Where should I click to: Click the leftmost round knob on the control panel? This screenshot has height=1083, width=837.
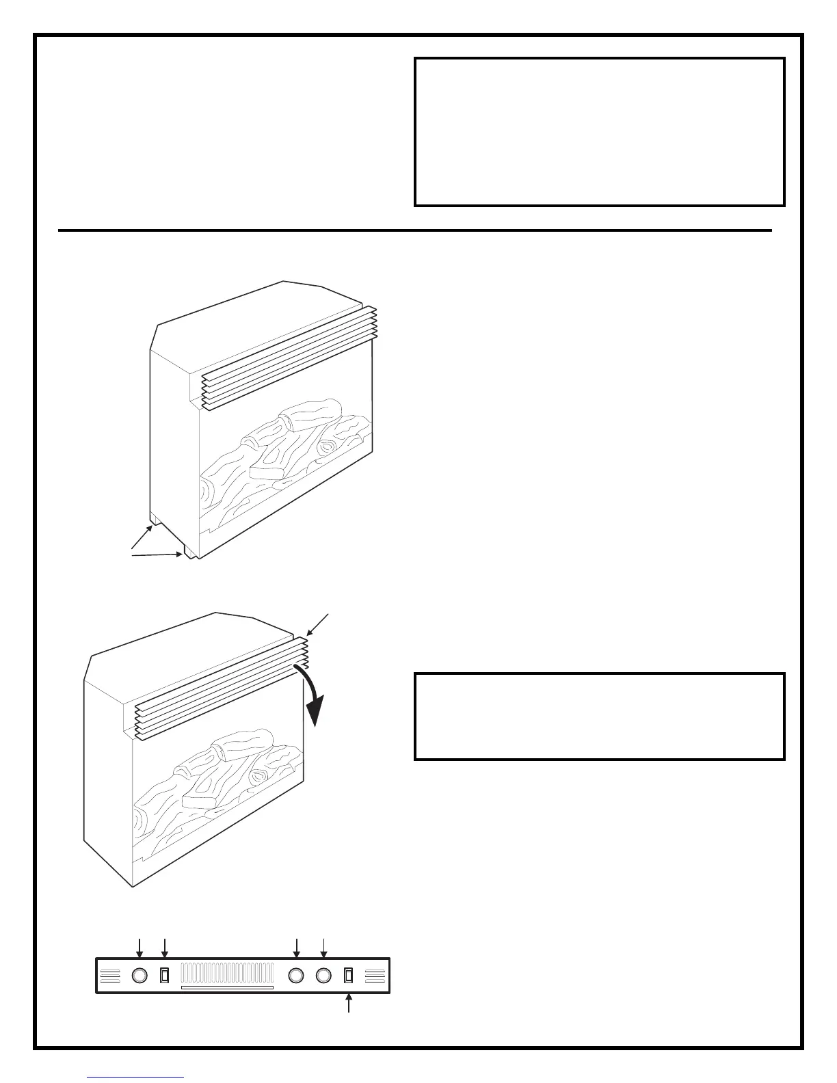pos(139,975)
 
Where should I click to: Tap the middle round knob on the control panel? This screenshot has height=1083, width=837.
pos(297,975)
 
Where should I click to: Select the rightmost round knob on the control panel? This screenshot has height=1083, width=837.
pos(324,975)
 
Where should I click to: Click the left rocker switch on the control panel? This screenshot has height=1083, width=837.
pos(164,975)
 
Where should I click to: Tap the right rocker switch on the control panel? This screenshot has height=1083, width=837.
pos(349,975)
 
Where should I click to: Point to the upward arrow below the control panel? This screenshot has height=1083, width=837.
pos(349,1004)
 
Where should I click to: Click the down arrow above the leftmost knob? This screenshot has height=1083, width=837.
pos(139,948)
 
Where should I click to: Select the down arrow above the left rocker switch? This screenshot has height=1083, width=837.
pos(165,948)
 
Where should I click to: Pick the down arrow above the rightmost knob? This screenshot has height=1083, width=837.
pos(324,948)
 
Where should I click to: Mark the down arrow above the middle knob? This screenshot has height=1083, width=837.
pos(297,948)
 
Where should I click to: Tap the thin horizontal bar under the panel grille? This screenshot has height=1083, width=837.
pos(227,988)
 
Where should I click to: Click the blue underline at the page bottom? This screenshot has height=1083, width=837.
pos(136,1078)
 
